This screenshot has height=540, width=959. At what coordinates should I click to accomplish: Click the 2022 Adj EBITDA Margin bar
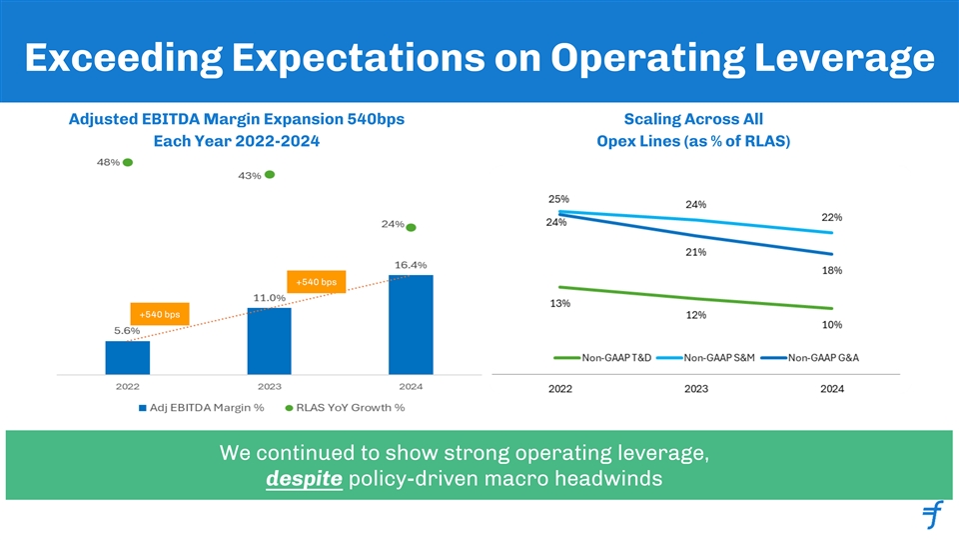127,356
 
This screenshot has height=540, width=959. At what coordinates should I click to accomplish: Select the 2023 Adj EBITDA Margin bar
269,339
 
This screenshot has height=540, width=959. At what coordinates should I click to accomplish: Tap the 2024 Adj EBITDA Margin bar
411,322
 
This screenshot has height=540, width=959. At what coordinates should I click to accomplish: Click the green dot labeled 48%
128,162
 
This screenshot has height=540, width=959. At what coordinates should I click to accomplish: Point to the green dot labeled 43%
270,175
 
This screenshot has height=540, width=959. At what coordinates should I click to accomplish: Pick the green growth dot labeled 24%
411,227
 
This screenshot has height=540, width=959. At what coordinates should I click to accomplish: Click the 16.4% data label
411,265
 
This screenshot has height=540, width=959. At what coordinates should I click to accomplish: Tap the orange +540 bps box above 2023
316,283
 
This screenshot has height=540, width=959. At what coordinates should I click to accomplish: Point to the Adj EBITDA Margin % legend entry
200,408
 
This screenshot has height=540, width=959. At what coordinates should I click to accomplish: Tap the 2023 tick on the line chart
696,390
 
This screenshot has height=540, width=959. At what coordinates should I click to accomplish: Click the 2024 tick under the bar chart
411,385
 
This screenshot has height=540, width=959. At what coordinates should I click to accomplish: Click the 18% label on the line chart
832,270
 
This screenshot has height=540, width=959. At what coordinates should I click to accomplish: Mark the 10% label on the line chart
832,325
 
